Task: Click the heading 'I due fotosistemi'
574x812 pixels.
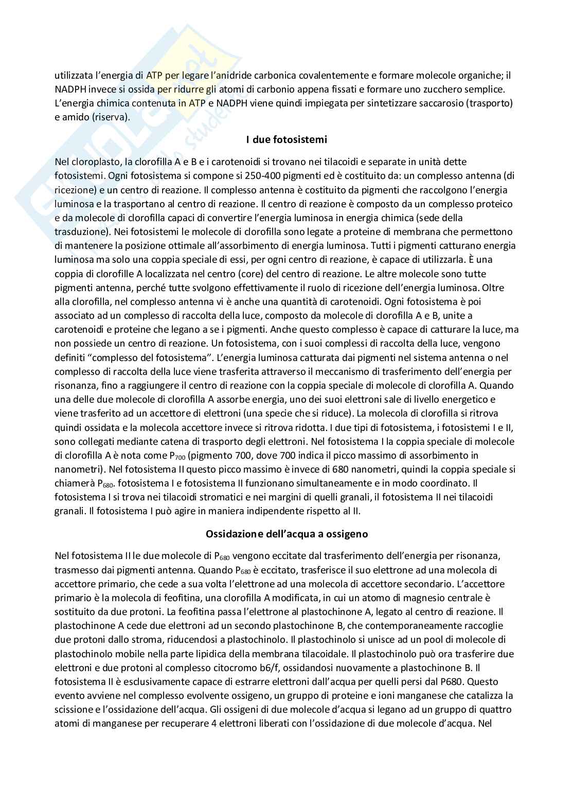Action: coord(286,139)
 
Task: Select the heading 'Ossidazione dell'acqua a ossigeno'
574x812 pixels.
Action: coord(286,534)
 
